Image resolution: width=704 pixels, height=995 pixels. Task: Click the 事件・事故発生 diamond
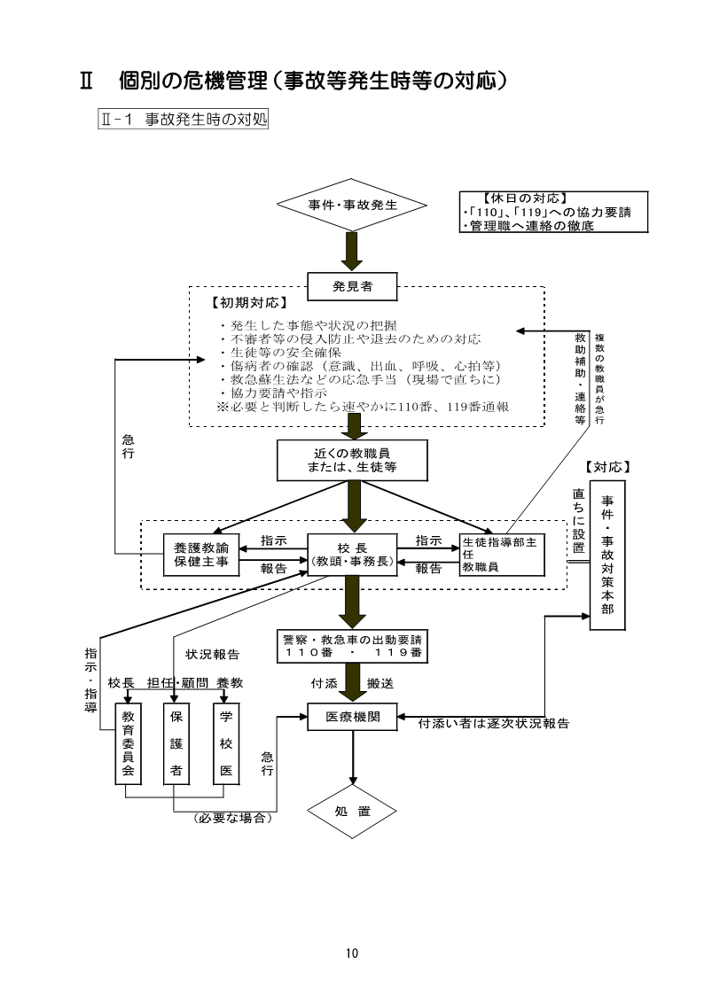click(352, 205)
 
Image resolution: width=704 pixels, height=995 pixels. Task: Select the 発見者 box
click(352, 285)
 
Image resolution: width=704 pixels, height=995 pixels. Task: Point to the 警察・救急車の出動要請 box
click(352, 645)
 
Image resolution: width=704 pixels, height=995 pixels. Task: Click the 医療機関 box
click(352, 718)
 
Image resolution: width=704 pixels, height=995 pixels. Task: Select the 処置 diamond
click(352, 812)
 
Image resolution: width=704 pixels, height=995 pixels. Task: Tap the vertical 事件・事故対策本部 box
click(607, 555)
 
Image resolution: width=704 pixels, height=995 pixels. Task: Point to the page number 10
click(352, 953)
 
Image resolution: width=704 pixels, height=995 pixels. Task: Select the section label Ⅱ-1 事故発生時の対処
click(182, 119)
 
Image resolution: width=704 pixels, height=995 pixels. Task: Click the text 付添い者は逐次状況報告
click(493, 724)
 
